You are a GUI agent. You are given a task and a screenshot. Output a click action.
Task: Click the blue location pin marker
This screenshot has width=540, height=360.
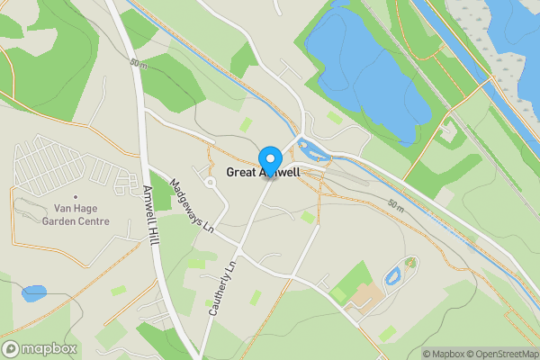click(268, 159)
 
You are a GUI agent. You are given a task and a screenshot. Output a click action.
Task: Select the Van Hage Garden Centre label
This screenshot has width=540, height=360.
click(76, 215)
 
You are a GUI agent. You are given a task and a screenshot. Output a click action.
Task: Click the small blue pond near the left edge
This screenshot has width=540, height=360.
click(34, 292)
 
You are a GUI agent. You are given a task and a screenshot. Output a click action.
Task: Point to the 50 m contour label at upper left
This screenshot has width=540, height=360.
click(138, 63)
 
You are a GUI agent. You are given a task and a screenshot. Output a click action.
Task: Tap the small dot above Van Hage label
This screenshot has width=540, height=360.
click(76, 196)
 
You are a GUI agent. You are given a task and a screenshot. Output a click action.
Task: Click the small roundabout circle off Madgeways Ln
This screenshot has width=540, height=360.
click(210, 183)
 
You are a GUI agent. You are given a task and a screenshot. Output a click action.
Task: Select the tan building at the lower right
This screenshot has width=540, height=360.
click(365, 298)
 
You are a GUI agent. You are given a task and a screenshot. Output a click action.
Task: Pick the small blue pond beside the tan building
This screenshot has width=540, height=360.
click(393, 276)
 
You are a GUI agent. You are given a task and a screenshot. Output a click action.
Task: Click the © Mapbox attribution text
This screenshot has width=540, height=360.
click(445, 354)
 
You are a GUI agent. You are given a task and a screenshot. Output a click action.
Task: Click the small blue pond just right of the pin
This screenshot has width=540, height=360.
click(315, 149)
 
